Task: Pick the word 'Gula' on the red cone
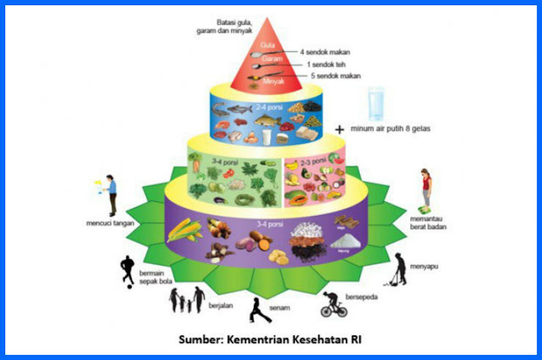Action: pyautogui.click(x=267, y=42)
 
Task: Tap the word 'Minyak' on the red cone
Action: pyautogui.click(x=271, y=82)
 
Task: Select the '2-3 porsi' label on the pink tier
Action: pyautogui.click(x=314, y=160)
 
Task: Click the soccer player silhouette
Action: pyautogui.click(x=127, y=270)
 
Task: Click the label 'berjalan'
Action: pyautogui.click(x=221, y=304)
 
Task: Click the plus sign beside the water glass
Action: pyautogui.click(x=340, y=129)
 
